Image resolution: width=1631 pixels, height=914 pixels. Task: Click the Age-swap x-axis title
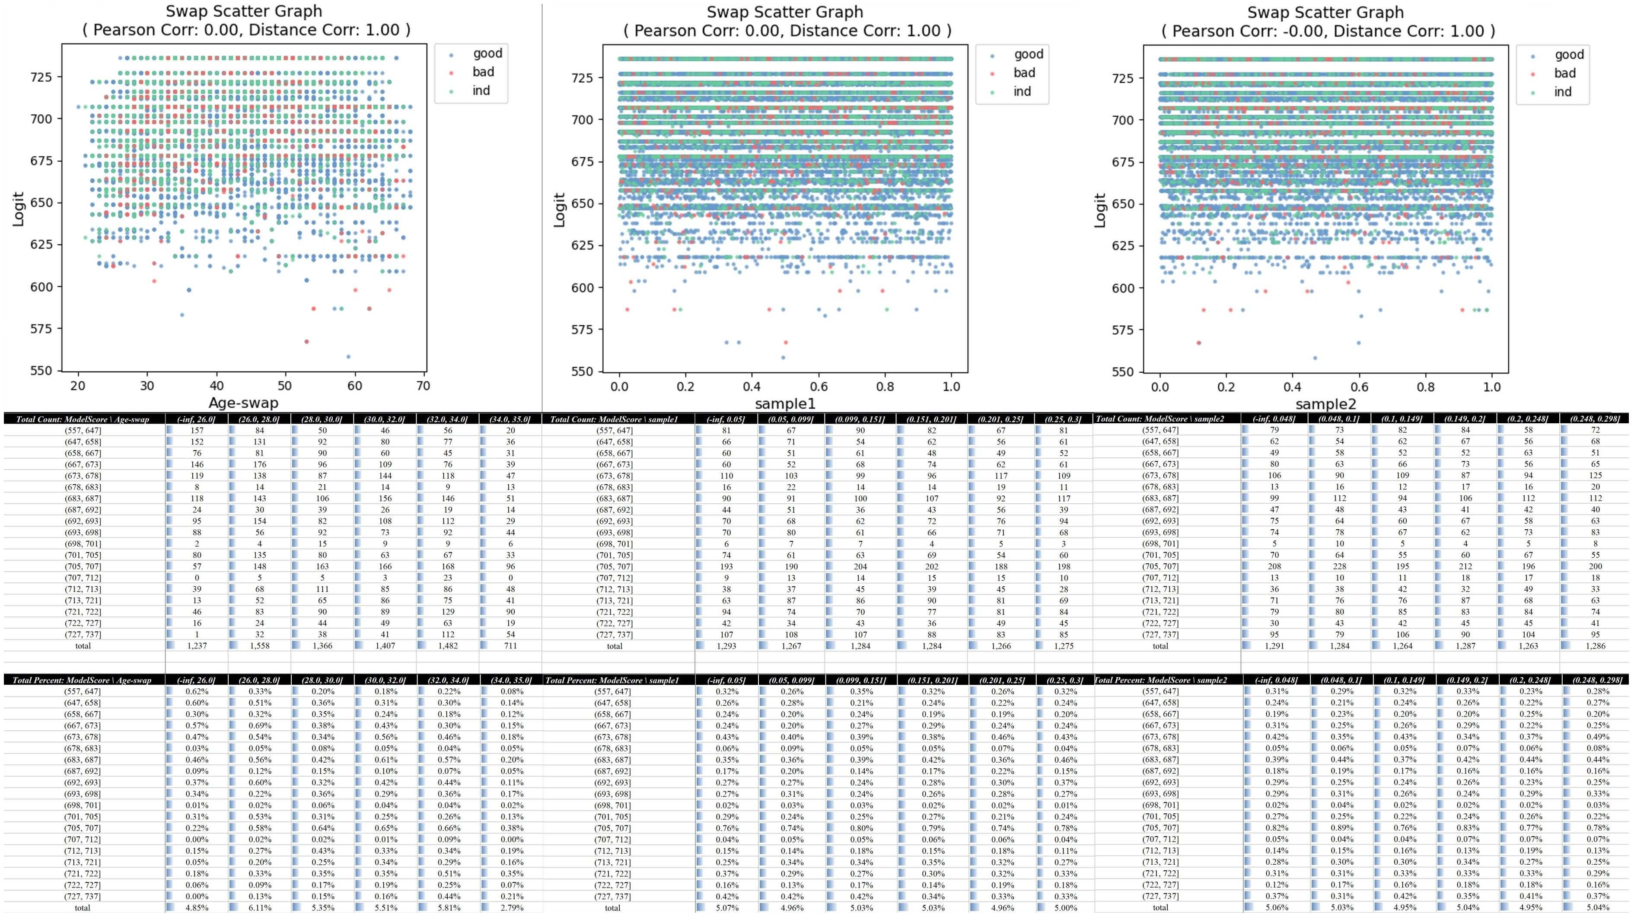pyautogui.click(x=244, y=403)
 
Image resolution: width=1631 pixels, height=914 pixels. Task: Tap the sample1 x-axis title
pyautogui.click(x=785, y=403)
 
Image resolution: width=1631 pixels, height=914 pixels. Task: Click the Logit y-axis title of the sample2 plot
pyautogui.click(x=1100, y=210)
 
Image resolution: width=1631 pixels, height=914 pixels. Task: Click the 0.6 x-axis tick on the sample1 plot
pyautogui.click(x=819, y=387)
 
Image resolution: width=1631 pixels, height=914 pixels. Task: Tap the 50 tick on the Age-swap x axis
pyautogui.click(x=286, y=386)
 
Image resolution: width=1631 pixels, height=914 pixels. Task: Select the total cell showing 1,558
pyautogui.click(x=260, y=646)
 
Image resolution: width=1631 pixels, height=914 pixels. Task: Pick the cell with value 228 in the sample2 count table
pyautogui.click(x=1339, y=566)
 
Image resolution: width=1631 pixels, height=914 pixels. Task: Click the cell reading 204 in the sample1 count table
pyautogui.click(x=860, y=566)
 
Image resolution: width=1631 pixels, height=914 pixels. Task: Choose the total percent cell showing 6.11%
pyautogui.click(x=260, y=908)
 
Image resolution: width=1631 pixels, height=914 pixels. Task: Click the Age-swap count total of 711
pyautogui.click(x=510, y=646)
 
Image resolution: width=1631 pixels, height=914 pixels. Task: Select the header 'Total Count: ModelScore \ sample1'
pyautogui.click(x=614, y=419)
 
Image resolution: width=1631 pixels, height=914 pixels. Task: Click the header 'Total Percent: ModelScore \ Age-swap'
pyautogui.click(x=82, y=680)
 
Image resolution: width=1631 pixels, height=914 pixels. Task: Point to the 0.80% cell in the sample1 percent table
pyautogui.click(x=860, y=828)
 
